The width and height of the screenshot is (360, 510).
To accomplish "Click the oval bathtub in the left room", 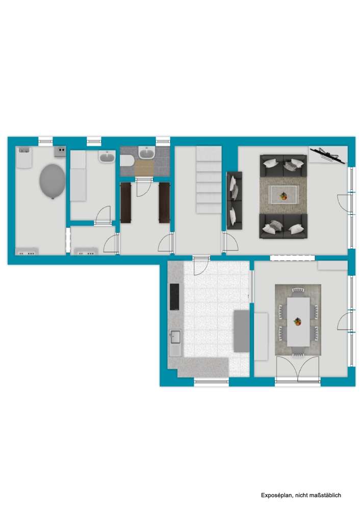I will pos(52,181).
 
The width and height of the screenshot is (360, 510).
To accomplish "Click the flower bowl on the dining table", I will pos(297,321).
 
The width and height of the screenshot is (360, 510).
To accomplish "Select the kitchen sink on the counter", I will pos(175,337).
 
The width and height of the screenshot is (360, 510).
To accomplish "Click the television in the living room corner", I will pos(326,155).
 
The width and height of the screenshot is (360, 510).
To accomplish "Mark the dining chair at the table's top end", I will pos(298,291).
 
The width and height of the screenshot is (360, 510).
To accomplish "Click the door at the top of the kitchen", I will pos(201,265).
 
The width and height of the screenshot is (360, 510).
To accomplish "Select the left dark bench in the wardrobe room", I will pos(126,202).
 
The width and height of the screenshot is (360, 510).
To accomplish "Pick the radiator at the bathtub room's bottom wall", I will pos(27,251).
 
